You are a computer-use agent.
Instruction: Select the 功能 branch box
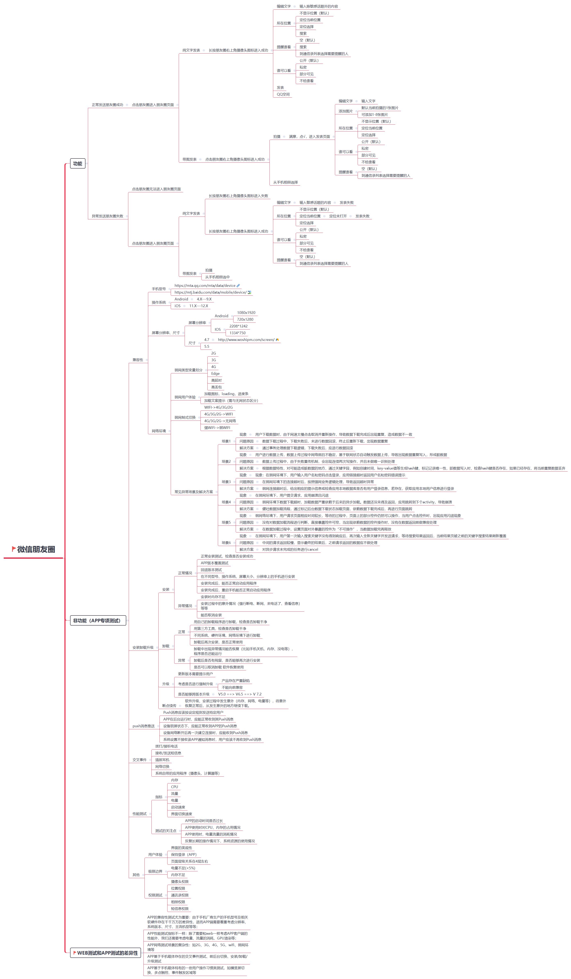pos(78,164)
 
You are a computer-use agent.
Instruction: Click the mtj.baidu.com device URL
pos(210,292)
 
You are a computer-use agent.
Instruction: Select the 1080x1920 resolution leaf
pos(246,312)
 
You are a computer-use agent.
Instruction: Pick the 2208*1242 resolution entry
pos(238,326)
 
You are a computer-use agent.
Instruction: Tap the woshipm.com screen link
pos(246,340)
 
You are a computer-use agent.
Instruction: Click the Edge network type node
pos(215,373)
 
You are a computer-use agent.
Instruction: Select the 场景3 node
pos(226,482)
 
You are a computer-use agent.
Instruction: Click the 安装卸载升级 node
pos(143,647)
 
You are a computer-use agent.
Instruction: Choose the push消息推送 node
pos(143,726)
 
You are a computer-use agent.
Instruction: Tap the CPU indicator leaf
pos(174,787)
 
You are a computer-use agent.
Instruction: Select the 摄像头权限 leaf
pos(180,881)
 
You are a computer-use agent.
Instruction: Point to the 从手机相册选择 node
pos(285,182)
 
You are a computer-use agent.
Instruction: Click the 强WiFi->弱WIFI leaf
pos(217,427)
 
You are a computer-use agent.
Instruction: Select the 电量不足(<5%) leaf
pos(183,868)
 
